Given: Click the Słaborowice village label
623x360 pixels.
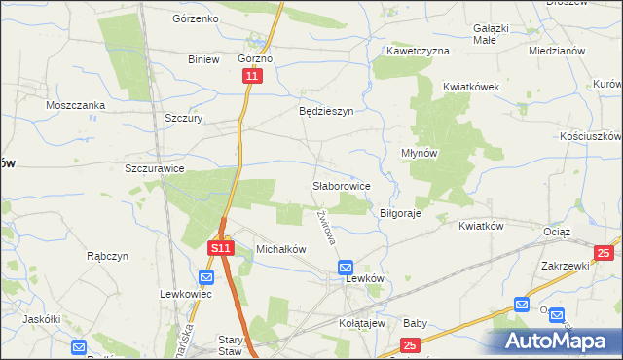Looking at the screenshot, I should (x=340, y=185).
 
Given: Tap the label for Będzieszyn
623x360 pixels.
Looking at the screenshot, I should (x=325, y=111).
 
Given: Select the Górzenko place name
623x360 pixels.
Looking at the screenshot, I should (x=195, y=18).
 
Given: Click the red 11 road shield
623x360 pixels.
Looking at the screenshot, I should (x=253, y=75).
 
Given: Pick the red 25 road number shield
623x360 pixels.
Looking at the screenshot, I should (x=410, y=344).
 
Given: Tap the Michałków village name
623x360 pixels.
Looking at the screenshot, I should (x=280, y=249).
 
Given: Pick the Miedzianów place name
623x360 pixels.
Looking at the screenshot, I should (x=556, y=50).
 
